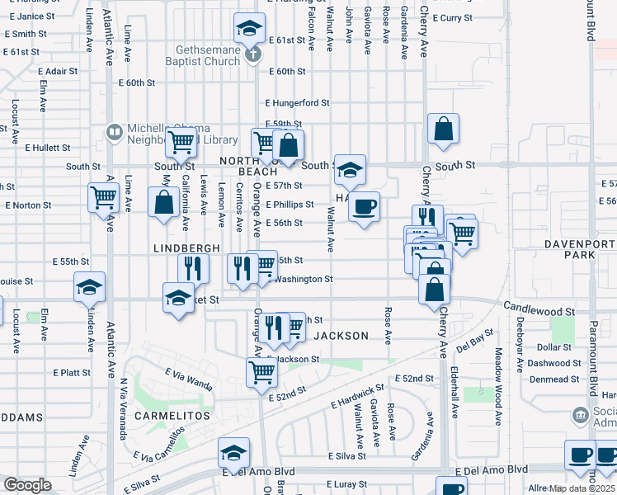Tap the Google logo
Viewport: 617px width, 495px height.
(x=27, y=485)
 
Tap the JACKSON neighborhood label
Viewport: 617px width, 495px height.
(x=341, y=336)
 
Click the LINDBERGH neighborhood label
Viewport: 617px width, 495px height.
(x=186, y=247)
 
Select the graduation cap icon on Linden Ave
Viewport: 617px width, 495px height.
(x=89, y=287)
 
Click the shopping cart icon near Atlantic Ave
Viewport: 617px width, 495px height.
(x=104, y=197)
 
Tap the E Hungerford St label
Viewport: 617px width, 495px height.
(x=296, y=103)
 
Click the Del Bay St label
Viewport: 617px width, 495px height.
(x=474, y=342)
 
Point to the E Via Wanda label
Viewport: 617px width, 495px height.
(x=188, y=380)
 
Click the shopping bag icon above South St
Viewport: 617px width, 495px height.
(x=443, y=129)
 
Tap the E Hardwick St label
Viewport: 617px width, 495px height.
(x=357, y=397)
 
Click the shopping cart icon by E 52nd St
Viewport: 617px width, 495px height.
(x=261, y=371)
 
